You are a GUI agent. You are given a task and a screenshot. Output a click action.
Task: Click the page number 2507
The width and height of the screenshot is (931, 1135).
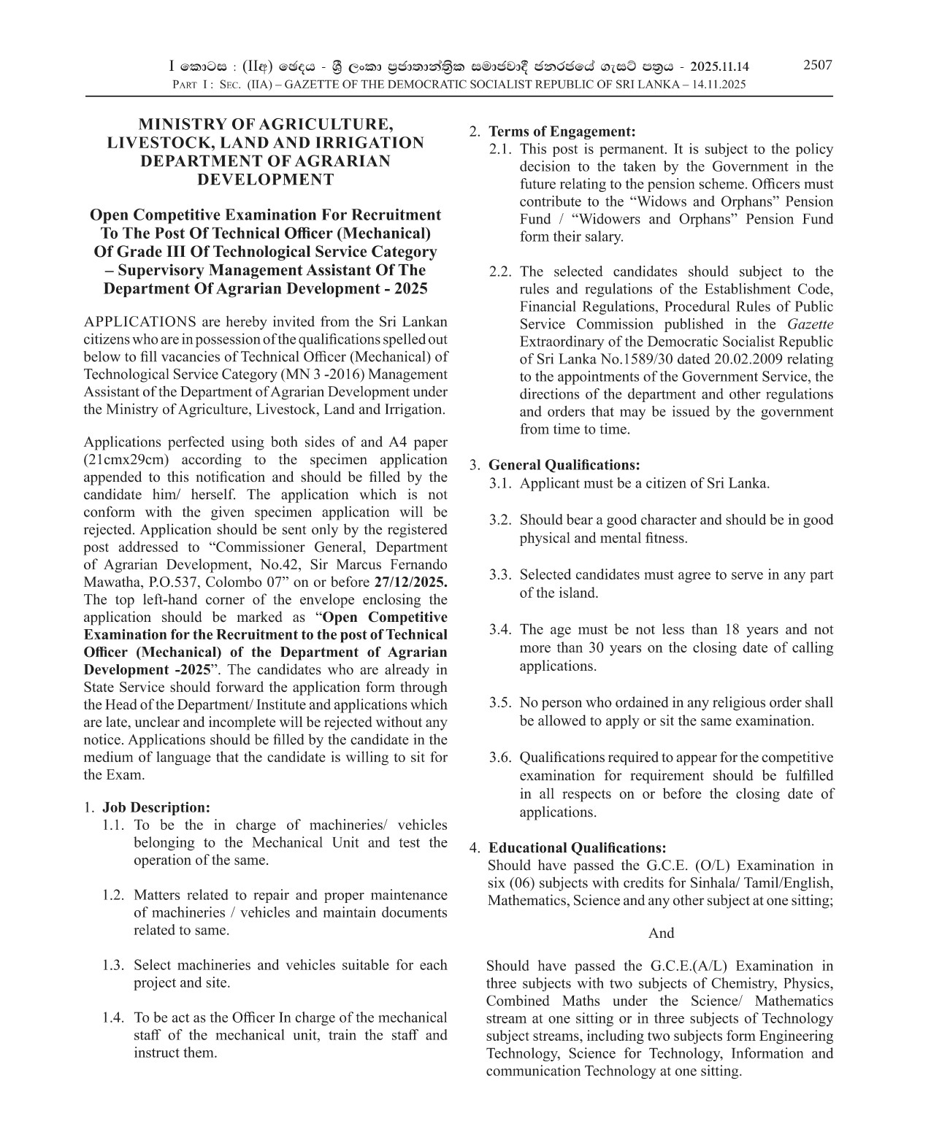click(817, 65)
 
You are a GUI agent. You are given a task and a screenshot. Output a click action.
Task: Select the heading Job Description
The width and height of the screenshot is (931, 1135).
click(156, 807)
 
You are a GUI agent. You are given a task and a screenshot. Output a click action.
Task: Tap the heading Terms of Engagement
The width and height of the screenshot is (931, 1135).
click(562, 131)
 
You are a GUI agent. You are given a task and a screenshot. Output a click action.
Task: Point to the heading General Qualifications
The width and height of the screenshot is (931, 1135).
click(564, 465)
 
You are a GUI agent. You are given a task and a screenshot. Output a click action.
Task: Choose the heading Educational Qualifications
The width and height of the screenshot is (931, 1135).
click(577, 847)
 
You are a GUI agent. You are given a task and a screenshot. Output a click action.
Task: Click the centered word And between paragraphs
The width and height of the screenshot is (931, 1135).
click(661, 933)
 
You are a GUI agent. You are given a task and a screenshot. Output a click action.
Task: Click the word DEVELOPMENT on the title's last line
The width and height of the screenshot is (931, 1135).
click(265, 180)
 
